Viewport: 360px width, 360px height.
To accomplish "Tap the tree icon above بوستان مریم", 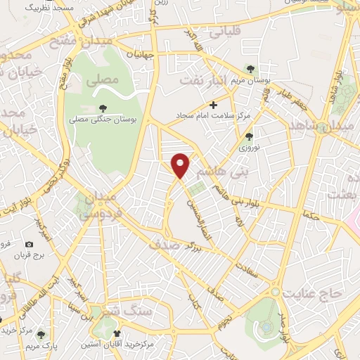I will (x=251, y=68).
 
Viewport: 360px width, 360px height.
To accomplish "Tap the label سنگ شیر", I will (x=138, y=310).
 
